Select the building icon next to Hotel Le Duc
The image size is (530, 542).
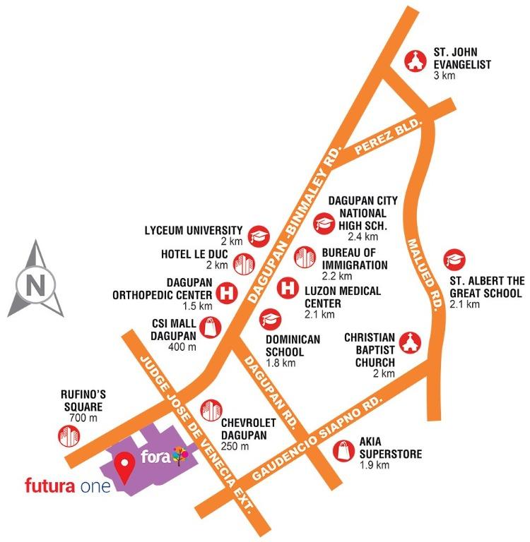(242, 264)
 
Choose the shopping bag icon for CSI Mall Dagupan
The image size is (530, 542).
(211, 327)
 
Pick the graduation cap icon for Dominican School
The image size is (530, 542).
(269, 320)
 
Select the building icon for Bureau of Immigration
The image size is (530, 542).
(305, 257)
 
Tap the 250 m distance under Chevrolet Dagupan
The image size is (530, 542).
(235, 447)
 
